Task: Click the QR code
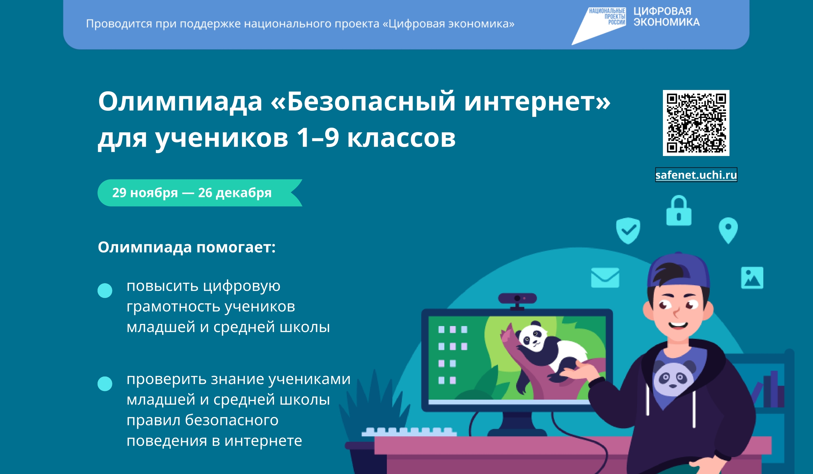coord(696,123)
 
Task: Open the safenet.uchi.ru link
coord(696,175)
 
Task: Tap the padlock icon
coord(679,211)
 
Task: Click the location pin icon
coord(728,230)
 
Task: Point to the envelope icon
coord(605,278)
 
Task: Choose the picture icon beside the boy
coord(752,278)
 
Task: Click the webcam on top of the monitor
coord(517,298)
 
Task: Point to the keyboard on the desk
coord(409,431)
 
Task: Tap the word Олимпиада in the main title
coord(180,102)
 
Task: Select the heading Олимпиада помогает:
coord(187,247)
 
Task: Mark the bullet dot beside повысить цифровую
coord(105,290)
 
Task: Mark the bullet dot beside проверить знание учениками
coord(105,384)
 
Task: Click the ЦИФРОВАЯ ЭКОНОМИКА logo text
coord(666,17)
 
